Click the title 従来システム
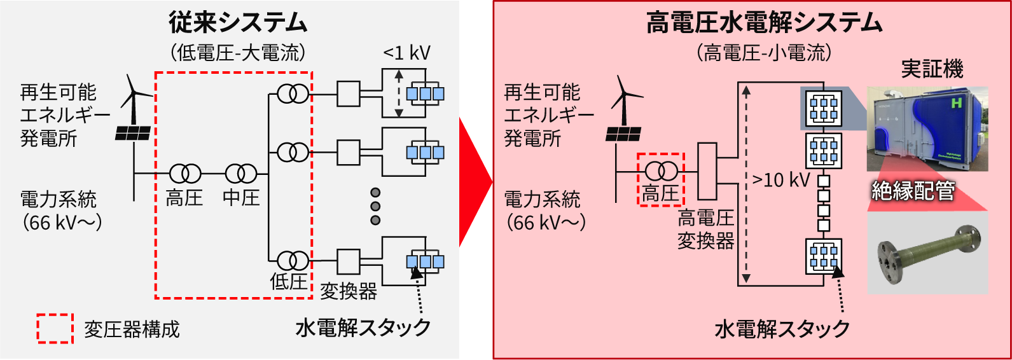tap(238, 23)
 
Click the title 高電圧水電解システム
tap(764, 23)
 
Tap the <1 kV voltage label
tap(406, 53)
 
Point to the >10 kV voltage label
tap(780, 180)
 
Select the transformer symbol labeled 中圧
tap(241, 173)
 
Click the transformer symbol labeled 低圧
tap(293, 260)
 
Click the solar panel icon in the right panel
tap(623, 134)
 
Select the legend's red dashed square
tap(55, 329)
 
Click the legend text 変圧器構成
tap(132, 329)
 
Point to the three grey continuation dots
tap(375, 206)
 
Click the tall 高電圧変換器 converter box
tap(707, 171)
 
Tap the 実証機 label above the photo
tap(932, 69)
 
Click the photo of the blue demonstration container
tap(927, 129)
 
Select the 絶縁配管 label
tap(913, 191)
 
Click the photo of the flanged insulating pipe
tap(928, 253)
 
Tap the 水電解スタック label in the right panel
tap(782, 329)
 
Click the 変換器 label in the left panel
tap(348, 291)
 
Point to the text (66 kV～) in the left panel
tap(62, 223)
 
